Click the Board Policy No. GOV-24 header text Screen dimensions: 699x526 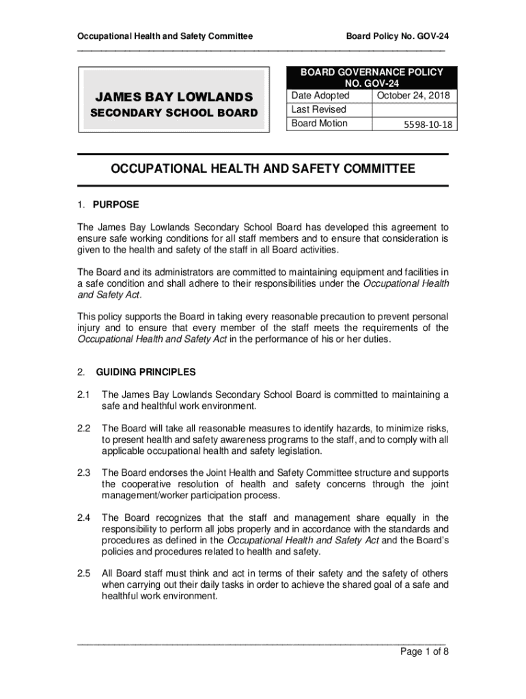click(397, 35)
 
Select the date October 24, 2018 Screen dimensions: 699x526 click(413, 96)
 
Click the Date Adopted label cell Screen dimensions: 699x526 click(320, 96)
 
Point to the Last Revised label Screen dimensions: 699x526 click(318, 109)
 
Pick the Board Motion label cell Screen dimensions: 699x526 click(319, 124)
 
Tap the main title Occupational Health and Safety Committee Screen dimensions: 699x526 click(262, 169)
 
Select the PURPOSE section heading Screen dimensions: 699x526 click(117, 204)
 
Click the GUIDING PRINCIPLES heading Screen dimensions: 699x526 click(146, 372)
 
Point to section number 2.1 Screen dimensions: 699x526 click(84, 395)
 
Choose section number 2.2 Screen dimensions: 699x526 click(84, 428)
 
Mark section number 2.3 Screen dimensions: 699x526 click(84, 472)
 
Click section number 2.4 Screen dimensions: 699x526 click(84, 517)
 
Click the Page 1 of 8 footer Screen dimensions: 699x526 click(424, 651)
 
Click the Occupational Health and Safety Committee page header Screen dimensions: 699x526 click(165, 35)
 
